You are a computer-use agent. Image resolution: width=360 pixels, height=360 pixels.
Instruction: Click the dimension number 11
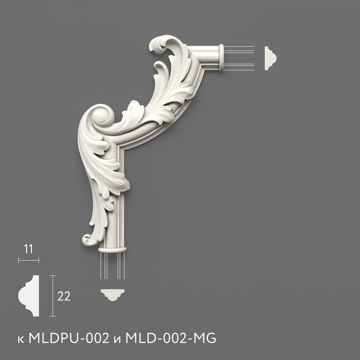(28, 249)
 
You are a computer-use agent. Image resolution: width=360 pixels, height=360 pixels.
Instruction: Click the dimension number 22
(64, 296)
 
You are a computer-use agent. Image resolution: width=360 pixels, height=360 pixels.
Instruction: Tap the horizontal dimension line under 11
(28, 261)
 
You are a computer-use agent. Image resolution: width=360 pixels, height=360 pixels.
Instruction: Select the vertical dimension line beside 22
(53, 296)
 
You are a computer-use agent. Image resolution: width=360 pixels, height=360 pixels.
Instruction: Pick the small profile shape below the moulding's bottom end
(112, 294)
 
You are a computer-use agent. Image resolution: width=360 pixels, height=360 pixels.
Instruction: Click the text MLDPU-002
(69, 338)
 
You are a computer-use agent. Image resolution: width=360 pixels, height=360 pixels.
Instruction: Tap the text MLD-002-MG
(171, 338)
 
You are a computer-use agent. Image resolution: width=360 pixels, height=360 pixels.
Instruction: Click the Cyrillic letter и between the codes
(117, 340)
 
